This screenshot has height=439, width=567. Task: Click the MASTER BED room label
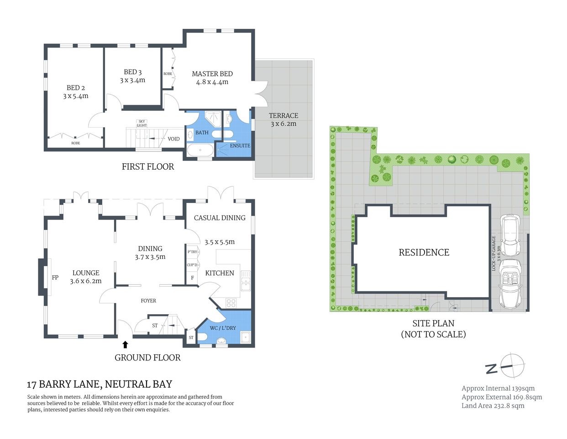(212, 74)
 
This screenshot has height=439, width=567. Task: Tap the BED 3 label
(132, 72)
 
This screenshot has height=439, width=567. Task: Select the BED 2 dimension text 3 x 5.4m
(76, 96)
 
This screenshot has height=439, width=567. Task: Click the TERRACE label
(283, 116)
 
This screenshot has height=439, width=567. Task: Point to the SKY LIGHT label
(142, 123)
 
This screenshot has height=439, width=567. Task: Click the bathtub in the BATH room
(200, 150)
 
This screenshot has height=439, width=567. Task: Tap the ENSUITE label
(240, 145)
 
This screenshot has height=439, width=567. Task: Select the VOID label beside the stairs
(173, 139)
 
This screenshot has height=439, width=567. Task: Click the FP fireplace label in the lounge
(55, 278)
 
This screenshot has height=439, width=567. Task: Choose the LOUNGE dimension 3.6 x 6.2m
(86, 281)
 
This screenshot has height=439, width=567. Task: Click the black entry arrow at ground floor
(125, 344)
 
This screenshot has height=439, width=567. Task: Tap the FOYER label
(148, 300)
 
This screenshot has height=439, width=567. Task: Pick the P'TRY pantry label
(192, 252)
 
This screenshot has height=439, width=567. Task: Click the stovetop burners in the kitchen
(231, 302)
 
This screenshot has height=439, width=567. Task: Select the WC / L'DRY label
(223, 328)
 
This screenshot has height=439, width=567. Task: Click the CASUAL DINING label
(220, 218)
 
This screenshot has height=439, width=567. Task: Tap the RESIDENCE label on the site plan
(424, 252)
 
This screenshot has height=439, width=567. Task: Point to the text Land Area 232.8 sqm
(493, 406)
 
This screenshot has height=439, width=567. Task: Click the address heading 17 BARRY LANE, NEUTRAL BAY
(100, 384)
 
